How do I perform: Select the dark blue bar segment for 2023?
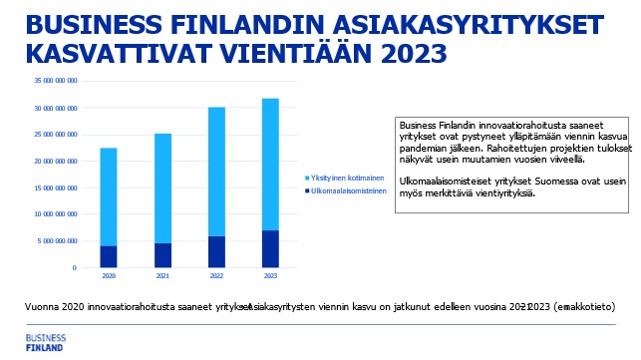pos(270,249)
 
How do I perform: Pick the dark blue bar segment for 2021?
pos(162,255)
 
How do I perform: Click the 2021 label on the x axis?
pos(162,275)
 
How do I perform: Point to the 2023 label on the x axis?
pos(270,275)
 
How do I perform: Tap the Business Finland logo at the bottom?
pos(45,342)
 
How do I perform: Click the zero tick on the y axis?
pos(74,267)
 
